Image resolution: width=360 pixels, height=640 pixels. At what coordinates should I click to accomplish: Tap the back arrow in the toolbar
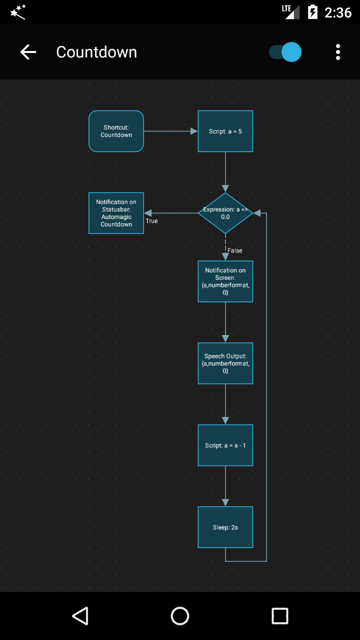pyautogui.click(x=28, y=52)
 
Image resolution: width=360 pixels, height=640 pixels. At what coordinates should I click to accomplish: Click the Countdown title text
pyautogui.click(x=96, y=52)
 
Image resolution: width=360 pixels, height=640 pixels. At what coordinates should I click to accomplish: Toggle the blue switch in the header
pyautogui.click(x=285, y=52)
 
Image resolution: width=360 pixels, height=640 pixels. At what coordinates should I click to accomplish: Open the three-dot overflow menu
pyautogui.click(x=338, y=52)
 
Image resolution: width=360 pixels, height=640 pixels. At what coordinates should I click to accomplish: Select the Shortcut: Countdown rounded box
pyautogui.click(x=116, y=131)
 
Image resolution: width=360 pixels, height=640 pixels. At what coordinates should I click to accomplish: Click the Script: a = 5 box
pyautogui.click(x=225, y=131)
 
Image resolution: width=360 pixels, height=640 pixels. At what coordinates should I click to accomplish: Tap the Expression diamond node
pyautogui.click(x=225, y=213)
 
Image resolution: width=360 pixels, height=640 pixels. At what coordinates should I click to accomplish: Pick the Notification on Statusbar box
pyautogui.click(x=116, y=213)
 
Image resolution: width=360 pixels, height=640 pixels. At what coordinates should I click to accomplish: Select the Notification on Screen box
pyautogui.click(x=225, y=281)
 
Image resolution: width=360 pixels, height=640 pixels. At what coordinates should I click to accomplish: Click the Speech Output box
pyautogui.click(x=225, y=363)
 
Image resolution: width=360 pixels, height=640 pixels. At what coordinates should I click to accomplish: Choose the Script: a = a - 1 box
pyautogui.click(x=225, y=445)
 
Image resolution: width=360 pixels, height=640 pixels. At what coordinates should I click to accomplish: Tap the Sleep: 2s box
pyautogui.click(x=225, y=527)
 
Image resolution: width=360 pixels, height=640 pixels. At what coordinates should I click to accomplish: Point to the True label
pyautogui.click(x=151, y=221)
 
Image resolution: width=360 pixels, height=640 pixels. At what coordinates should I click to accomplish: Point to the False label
pyautogui.click(x=235, y=250)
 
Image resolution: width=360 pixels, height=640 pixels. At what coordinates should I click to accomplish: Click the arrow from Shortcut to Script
pyautogui.click(x=170, y=131)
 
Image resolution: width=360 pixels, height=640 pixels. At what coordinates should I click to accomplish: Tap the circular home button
pyautogui.click(x=180, y=616)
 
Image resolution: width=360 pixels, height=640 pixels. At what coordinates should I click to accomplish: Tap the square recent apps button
pyautogui.click(x=280, y=616)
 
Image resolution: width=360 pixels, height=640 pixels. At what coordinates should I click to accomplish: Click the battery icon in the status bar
pyautogui.click(x=312, y=12)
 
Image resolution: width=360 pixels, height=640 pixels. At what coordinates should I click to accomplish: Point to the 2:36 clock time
pyautogui.click(x=338, y=12)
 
